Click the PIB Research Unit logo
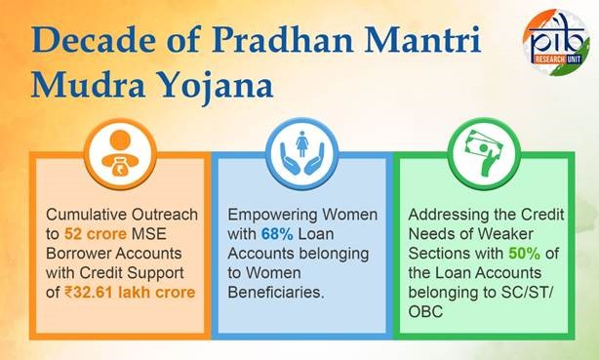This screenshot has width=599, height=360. point(556,42)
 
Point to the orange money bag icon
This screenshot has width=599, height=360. point(120,153)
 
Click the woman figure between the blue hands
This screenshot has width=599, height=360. point(301,144)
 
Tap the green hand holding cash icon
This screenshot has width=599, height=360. point(484,153)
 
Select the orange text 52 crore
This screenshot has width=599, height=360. point(96,234)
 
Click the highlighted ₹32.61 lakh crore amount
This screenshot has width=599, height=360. point(130,293)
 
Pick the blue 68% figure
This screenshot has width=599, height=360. point(277,234)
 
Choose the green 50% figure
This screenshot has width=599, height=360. point(524,254)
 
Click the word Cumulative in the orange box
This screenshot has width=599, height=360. point(86,215)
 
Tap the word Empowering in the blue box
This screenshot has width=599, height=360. point(272,216)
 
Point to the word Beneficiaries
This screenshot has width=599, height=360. point(276,293)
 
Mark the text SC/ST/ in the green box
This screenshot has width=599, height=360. point(527,293)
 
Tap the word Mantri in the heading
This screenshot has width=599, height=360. point(422,40)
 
